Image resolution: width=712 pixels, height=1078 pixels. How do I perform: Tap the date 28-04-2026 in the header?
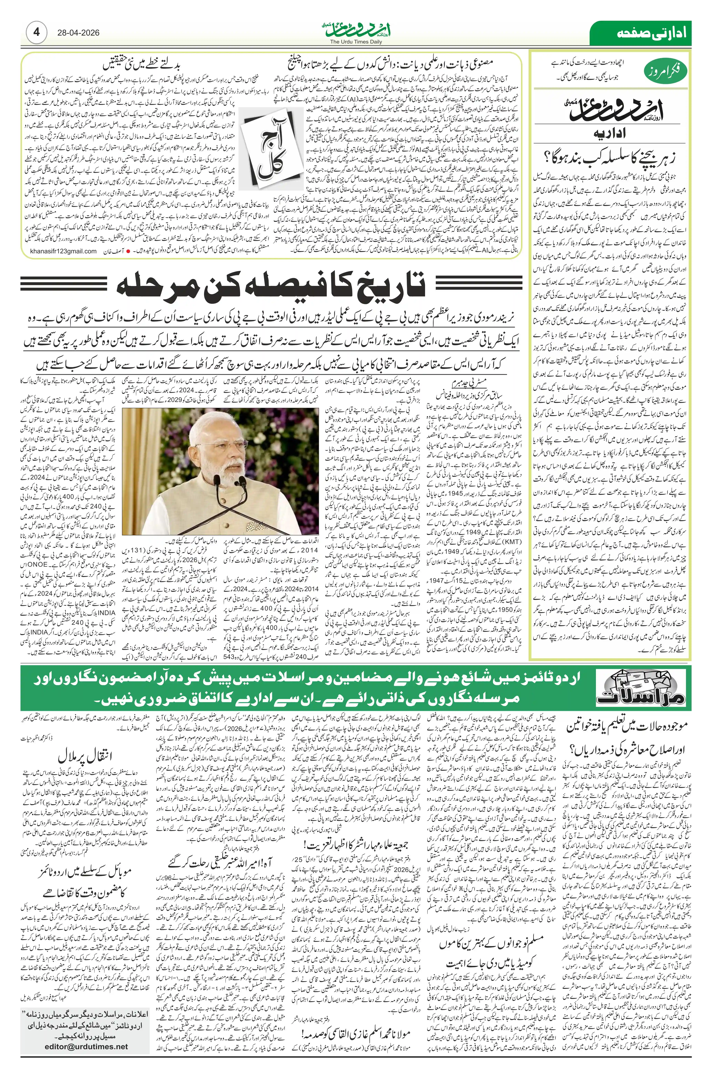[x=78, y=33]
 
